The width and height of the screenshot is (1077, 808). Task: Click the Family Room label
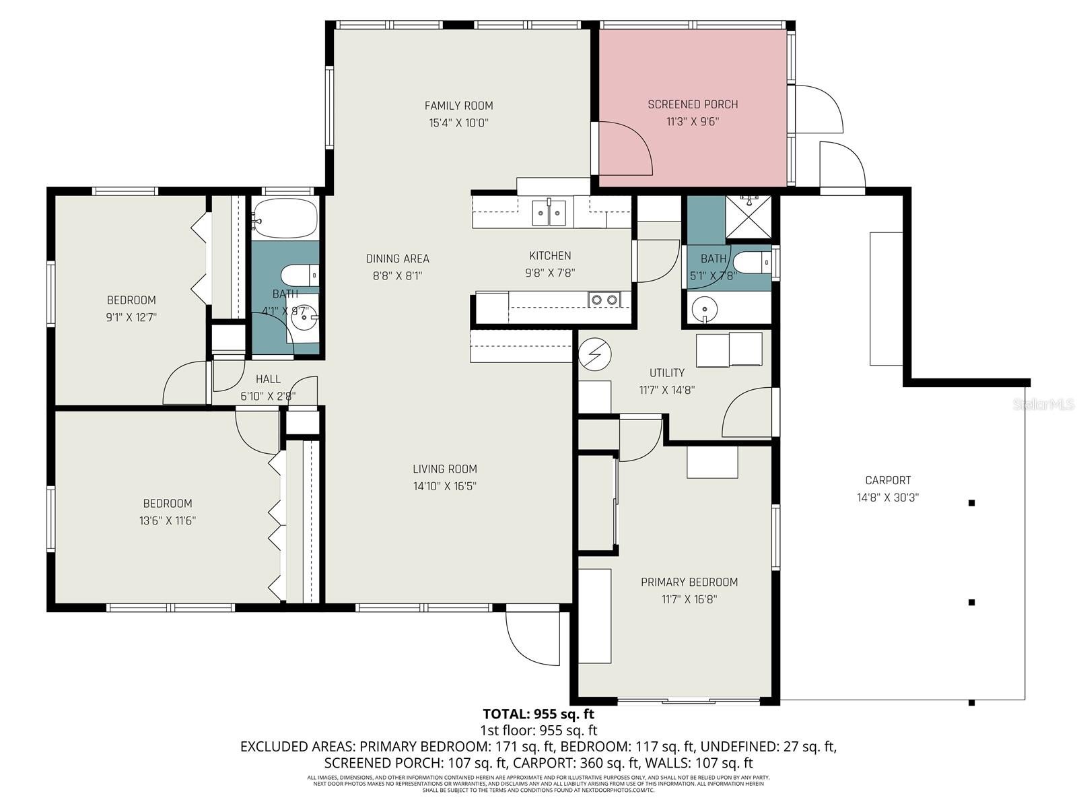click(x=458, y=106)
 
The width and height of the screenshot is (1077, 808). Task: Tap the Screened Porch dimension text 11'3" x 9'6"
click(x=693, y=122)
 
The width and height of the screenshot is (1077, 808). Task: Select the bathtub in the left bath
click(x=285, y=218)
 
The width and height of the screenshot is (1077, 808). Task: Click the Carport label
click(x=888, y=480)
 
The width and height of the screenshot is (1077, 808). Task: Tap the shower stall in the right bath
click(x=749, y=217)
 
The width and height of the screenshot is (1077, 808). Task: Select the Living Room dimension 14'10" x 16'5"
click(x=445, y=486)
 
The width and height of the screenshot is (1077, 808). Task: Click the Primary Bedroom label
click(x=689, y=582)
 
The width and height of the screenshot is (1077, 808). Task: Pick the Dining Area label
click(x=397, y=259)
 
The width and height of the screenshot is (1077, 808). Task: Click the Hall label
click(x=268, y=379)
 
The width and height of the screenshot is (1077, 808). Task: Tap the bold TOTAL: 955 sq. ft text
click(x=538, y=714)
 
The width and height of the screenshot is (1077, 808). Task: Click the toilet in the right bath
click(x=751, y=263)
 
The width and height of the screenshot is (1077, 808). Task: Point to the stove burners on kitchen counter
click(x=604, y=300)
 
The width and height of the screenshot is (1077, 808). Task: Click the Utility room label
click(x=666, y=372)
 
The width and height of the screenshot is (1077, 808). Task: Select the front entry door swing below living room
click(x=532, y=636)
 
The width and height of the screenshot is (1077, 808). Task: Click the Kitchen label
click(x=550, y=256)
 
